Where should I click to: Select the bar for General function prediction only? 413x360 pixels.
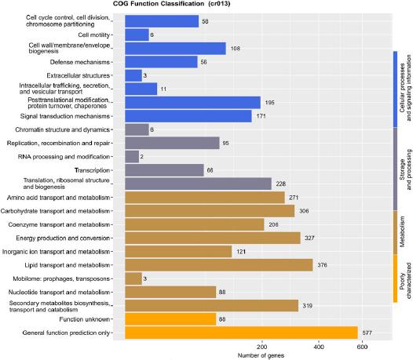pos(241,333)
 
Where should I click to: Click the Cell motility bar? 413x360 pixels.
pos(137,35)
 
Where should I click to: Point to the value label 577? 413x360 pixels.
pos(367,333)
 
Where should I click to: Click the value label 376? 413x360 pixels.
pos(322,265)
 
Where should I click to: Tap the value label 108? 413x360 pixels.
pos(235,49)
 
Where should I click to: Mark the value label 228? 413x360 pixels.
pos(281,184)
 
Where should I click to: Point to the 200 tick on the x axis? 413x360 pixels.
pos(262,347)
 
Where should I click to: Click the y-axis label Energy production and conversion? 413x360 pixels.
pos(64,238)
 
